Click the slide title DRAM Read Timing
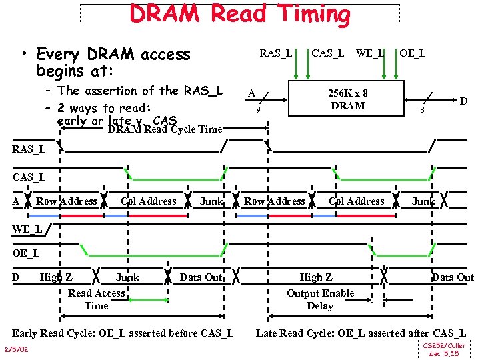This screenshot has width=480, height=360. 240,14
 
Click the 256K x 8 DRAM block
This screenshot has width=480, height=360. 347,100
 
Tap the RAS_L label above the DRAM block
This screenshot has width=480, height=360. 275,53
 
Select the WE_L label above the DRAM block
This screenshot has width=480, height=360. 370,53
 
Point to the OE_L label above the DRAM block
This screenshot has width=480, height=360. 413,53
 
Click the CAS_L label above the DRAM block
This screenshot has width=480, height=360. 329,53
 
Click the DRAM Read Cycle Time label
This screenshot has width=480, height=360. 165,129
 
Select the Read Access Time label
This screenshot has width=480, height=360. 97,299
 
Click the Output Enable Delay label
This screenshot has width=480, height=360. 320,299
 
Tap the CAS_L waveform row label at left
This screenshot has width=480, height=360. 29,177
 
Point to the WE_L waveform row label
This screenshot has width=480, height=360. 27,229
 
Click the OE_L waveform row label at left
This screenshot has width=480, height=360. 26,253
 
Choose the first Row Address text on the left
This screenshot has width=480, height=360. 67,201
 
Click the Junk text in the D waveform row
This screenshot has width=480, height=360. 127,277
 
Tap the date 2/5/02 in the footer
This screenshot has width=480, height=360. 15,349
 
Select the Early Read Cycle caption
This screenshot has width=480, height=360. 123,333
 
